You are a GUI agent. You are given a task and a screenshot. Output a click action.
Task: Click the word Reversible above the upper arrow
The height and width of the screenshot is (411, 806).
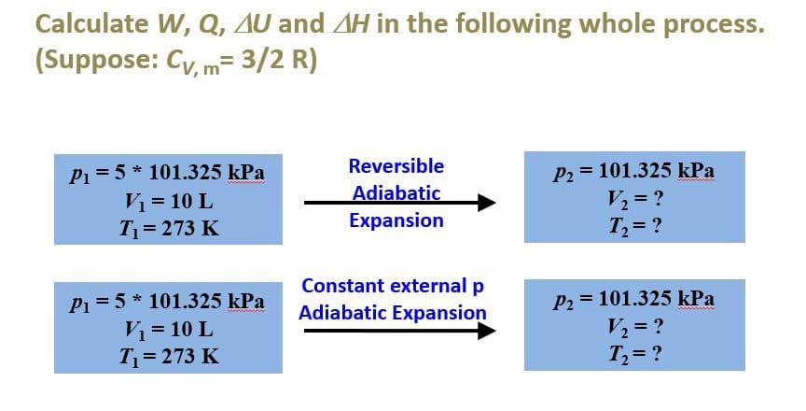(396, 166)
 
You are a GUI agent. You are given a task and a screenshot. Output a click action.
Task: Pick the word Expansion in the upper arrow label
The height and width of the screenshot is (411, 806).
(396, 220)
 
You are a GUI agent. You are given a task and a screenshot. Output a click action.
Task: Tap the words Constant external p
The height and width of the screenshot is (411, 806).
(393, 285)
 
